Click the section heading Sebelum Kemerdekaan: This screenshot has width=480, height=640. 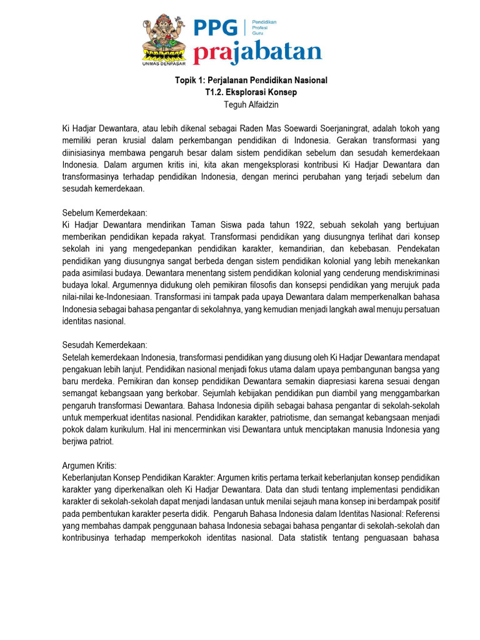click(x=104, y=213)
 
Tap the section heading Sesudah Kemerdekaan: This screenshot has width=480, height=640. click(x=104, y=345)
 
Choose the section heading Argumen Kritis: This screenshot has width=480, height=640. click(x=89, y=466)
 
